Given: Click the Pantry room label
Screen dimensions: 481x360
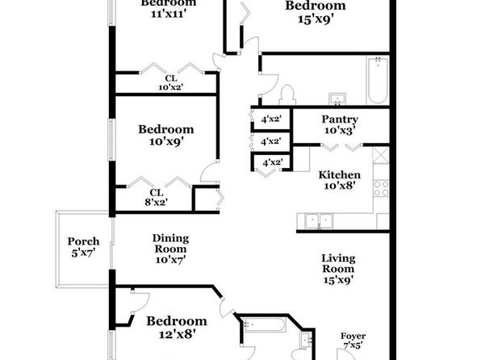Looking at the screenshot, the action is tap(340, 124).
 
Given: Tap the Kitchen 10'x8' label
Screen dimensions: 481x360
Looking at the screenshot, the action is tap(340, 180).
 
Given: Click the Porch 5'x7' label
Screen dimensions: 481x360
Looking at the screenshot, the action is tap(83, 247).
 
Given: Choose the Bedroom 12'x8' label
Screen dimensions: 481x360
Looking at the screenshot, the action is tap(177, 327).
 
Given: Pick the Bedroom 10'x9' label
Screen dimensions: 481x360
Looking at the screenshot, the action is tap(166, 135).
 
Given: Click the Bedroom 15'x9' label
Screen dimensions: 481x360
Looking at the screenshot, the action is tap(316, 12).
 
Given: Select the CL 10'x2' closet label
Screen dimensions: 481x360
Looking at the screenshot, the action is tap(171, 83).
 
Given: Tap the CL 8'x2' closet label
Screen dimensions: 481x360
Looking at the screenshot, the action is tap(156, 197).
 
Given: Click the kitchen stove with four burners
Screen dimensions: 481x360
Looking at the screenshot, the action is tap(381, 188).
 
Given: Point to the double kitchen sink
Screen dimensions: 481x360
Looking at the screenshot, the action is tap(319, 221).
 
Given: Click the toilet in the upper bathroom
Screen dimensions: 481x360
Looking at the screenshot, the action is tap(287, 94).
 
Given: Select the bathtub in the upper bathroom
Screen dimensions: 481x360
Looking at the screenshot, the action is tap(378, 81).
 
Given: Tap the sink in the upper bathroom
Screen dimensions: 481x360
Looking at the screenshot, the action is tap(337, 99).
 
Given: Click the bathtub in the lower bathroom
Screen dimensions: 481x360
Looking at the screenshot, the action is tap(265, 324).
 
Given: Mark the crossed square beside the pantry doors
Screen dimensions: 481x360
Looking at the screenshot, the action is tap(381, 155).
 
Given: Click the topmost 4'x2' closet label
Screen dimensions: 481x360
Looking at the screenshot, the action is tap(271, 119).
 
